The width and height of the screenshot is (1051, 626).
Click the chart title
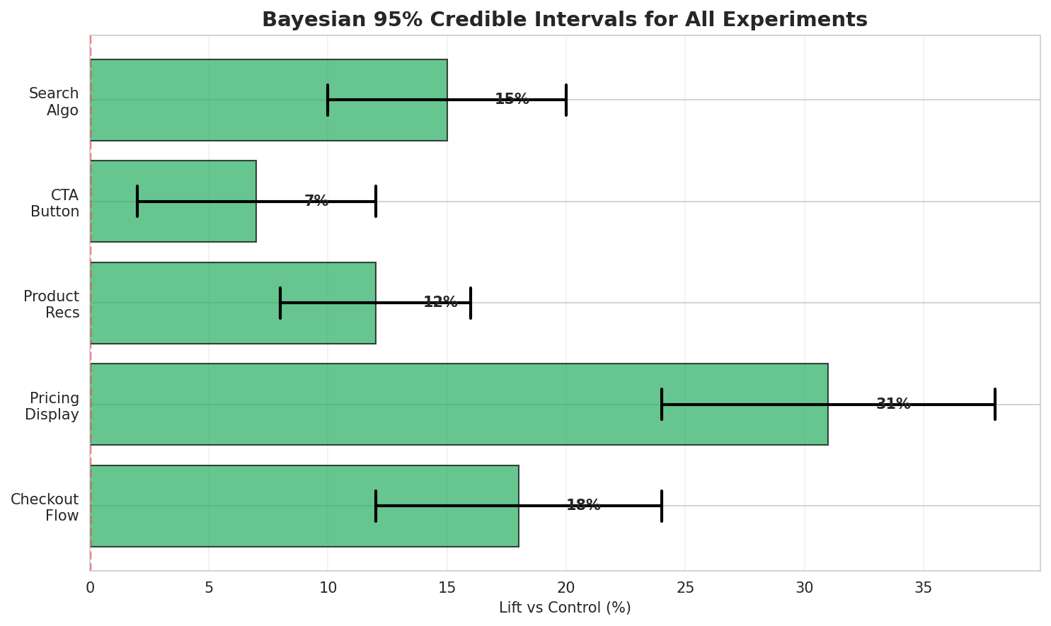(564, 20)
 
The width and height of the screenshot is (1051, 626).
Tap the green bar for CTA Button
(173, 201)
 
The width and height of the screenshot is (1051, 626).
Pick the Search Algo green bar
(268, 100)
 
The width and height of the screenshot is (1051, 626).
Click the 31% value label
(893, 404)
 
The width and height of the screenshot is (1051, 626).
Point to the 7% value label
(316, 201)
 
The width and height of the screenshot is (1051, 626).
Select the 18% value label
(583, 505)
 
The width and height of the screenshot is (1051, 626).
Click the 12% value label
(440, 302)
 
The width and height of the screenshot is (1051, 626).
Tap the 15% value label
(512, 99)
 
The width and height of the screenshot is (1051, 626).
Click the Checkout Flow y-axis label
(45, 508)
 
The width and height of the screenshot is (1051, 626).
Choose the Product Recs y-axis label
(51, 305)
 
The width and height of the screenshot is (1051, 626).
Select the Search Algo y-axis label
(54, 102)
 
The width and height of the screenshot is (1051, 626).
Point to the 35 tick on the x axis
(923, 587)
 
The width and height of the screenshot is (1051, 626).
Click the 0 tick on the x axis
(91, 587)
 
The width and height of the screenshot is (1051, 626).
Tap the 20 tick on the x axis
(566, 587)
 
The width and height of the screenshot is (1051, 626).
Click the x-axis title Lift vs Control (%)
(565, 608)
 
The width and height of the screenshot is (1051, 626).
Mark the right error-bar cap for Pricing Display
(994, 404)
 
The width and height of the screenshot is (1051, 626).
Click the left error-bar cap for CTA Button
(137, 201)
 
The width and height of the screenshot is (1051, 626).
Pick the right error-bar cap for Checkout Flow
(662, 505)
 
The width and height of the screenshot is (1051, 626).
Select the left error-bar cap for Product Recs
(280, 302)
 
